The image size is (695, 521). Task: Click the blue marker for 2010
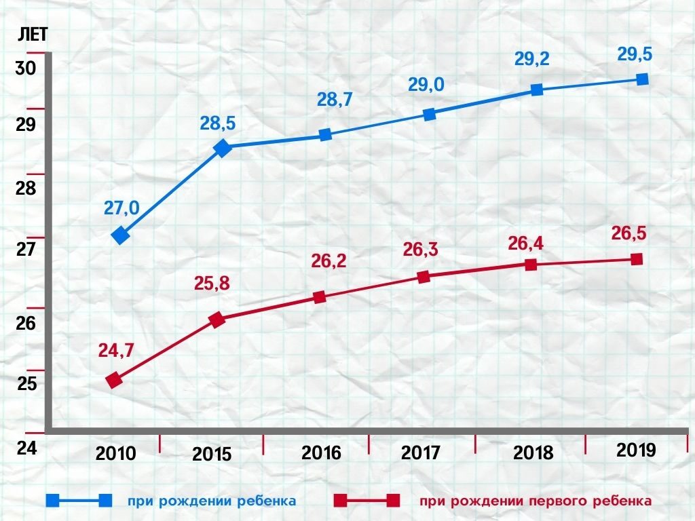[x=121, y=235]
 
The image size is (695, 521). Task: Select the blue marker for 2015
[x=223, y=147]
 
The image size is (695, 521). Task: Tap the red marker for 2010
[x=115, y=380]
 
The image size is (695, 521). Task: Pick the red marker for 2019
[x=637, y=259]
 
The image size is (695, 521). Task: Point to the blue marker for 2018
[x=537, y=90]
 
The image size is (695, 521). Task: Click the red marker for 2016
[x=320, y=296]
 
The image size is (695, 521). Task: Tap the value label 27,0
[x=121, y=208]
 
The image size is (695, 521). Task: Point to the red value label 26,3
[x=420, y=250]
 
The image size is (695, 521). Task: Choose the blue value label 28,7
[x=335, y=100]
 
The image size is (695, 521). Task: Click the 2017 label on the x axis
[x=421, y=452]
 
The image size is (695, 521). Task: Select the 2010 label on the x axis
[x=116, y=453]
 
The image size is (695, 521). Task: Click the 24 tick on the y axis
[x=24, y=448]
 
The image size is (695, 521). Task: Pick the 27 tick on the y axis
[x=24, y=250]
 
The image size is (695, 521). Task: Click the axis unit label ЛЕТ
[x=32, y=35]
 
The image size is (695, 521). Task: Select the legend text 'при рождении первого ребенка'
[x=536, y=501]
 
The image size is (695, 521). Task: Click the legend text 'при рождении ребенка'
[x=212, y=501]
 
